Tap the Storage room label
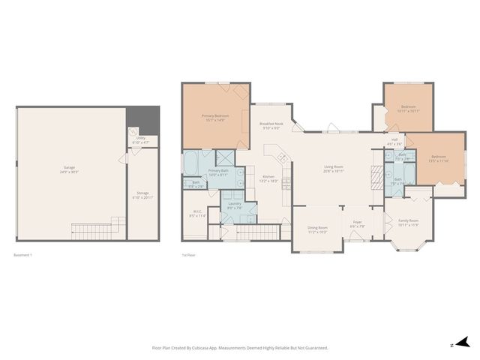click(x=142, y=193)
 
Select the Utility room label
click(x=140, y=140)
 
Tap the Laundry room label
click(x=235, y=204)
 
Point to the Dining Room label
click(x=318, y=229)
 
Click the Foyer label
click(x=357, y=223)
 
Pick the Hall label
click(x=395, y=140)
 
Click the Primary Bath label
click(x=218, y=172)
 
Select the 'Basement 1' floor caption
click(x=23, y=255)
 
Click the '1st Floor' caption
click(x=188, y=255)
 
